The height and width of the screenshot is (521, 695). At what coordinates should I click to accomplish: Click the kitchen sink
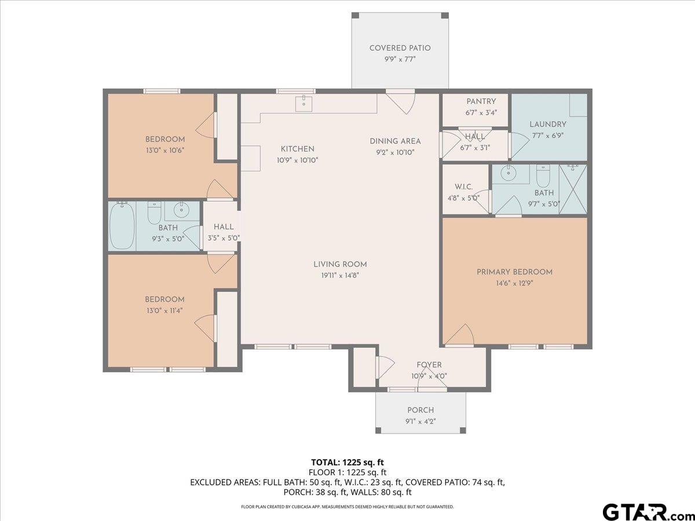[x=303, y=104]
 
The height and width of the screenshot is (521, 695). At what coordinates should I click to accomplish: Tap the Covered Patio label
[x=400, y=48]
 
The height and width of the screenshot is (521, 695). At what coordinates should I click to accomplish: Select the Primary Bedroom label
[x=514, y=272]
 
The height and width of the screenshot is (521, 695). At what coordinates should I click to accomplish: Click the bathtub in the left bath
[x=122, y=226]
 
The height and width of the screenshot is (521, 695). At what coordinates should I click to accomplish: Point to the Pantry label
[x=481, y=101]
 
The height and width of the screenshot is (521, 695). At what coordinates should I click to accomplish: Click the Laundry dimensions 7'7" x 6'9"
[x=548, y=135]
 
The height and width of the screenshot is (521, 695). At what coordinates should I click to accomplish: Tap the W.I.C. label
[x=463, y=187]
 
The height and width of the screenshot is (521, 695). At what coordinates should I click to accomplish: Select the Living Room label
[x=340, y=265]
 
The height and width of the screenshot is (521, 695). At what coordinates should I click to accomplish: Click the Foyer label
[x=429, y=365]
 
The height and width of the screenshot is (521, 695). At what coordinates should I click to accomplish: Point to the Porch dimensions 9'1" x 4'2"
[x=420, y=421]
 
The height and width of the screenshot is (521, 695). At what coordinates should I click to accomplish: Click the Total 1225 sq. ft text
[x=348, y=463]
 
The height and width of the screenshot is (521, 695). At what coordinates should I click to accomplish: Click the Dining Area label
[x=395, y=141]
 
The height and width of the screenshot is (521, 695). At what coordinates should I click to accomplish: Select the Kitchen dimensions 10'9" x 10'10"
[x=297, y=160]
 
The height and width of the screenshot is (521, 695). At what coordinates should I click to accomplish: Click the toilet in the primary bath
[x=543, y=176]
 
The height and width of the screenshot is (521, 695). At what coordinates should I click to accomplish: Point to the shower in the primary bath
[x=573, y=189]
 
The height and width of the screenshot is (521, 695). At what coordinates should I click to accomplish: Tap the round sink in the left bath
[x=181, y=210]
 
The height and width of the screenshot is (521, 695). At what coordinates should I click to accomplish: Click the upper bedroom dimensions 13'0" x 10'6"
[x=165, y=151]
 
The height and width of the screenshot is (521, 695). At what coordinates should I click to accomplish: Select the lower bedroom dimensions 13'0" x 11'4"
[x=164, y=311]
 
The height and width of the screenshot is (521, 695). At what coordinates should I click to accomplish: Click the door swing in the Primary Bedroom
[x=459, y=335]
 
